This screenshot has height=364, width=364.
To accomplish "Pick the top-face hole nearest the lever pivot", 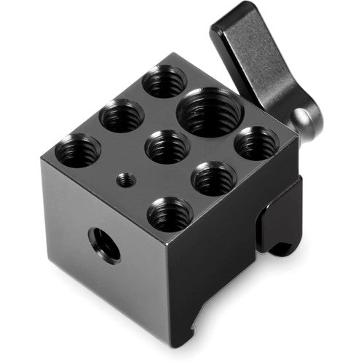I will (255, 143).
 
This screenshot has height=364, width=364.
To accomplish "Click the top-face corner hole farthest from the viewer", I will (164, 81).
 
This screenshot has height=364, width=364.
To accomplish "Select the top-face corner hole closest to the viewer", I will (170, 213).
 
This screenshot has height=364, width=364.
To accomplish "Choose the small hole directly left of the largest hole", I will (121, 116).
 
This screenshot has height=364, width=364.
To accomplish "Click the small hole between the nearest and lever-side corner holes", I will (214, 178).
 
